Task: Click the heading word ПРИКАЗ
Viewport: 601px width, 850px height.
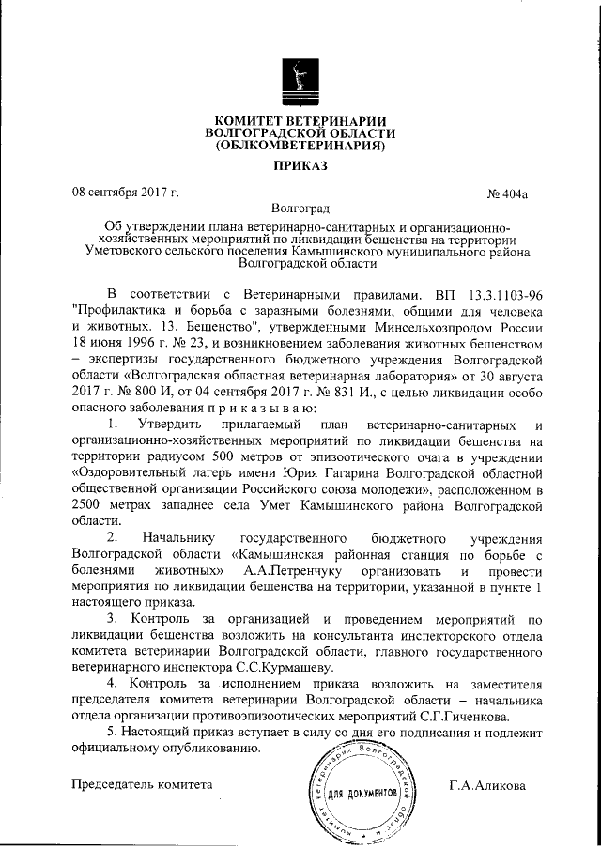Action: click(300, 165)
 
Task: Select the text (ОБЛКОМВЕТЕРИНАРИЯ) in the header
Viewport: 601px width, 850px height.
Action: click(300, 146)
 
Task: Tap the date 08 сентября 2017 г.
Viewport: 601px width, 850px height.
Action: click(126, 193)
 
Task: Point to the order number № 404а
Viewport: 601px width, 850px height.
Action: click(508, 194)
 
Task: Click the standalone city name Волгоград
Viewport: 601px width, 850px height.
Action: click(300, 209)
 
